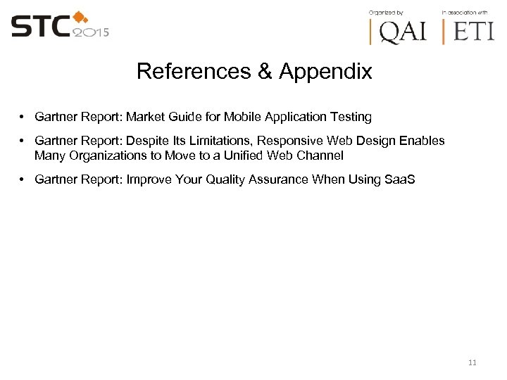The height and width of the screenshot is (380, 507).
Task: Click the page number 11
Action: tap(472, 362)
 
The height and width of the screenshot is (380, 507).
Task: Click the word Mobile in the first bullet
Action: tap(244, 117)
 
